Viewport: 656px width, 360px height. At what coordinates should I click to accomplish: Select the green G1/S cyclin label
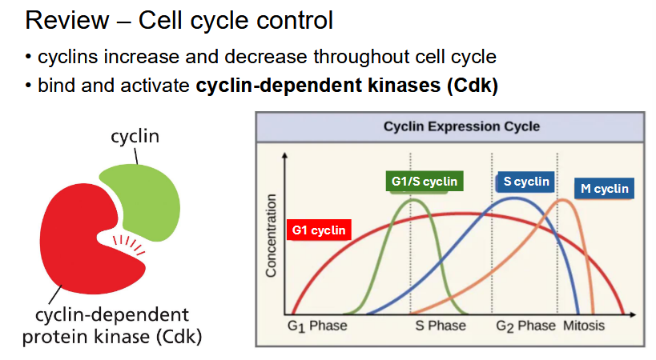coord(425,182)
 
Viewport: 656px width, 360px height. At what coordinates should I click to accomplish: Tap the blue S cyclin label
coord(526,182)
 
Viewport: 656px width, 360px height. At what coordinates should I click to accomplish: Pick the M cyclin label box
coord(605,190)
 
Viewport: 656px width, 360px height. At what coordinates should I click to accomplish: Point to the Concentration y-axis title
coord(271,235)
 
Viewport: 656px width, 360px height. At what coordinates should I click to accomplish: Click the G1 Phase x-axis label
coord(317,326)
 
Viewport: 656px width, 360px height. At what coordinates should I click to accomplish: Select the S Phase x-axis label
coord(440,326)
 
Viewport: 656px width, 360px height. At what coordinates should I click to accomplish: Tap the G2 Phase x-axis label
coord(525,326)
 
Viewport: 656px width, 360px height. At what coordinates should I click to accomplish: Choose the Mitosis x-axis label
coord(584,326)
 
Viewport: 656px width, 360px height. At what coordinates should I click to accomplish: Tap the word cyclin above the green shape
coord(135,137)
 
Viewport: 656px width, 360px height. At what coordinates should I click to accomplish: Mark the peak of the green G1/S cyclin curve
coord(413,199)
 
